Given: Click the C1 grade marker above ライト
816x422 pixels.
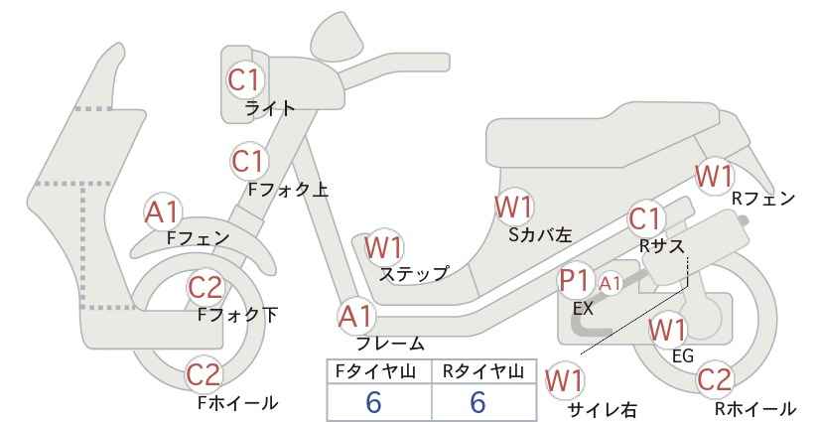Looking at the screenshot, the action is (x=245, y=79).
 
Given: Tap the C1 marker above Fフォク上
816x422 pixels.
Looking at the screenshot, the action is (x=249, y=161).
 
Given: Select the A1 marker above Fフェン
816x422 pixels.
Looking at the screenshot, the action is (x=163, y=211).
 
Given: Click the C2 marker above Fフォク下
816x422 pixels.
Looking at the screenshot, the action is (x=205, y=287).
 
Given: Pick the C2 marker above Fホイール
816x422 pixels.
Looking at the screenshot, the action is (x=205, y=374).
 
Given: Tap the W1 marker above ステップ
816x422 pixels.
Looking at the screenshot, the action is (x=384, y=247).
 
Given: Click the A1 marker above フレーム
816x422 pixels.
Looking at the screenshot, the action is (x=357, y=317).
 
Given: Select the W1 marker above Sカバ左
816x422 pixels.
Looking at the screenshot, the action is (x=514, y=207).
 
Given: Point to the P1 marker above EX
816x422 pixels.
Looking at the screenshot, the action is (x=575, y=281).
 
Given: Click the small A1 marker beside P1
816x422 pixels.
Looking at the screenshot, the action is (x=610, y=284).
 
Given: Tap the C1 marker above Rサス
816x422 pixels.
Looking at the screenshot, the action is (x=645, y=219).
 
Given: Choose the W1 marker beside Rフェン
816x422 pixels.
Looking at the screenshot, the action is (x=715, y=176).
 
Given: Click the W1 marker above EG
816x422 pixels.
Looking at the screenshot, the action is (x=668, y=330).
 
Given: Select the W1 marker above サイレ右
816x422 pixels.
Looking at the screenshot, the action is (x=564, y=381).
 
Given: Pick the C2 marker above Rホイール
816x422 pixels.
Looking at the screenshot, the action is (x=714, y=379).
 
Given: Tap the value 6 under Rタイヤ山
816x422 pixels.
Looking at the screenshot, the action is (x=477, y=402).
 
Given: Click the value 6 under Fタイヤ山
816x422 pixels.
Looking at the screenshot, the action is (x=373, y=402).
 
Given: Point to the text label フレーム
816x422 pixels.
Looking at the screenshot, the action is (x=390, y=343).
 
